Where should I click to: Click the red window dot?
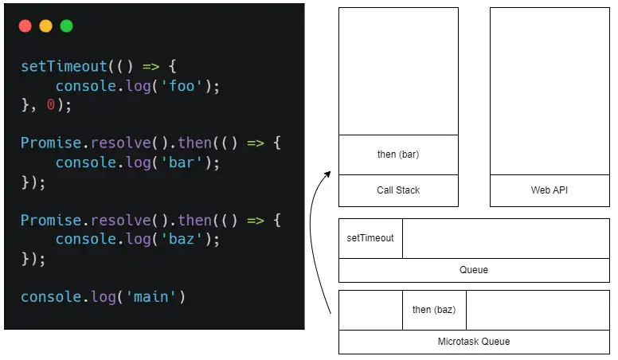tap(25, 26)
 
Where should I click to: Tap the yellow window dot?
tap(45, 26)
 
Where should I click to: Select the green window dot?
tap(66, 26)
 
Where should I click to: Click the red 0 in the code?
tap(51, 105)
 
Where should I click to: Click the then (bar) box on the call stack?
tap(398, 155)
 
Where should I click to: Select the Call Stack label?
tap(398, 190)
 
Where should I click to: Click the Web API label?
tap(550, 190)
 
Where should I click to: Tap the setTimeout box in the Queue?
tap(370, 238)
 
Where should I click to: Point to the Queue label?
tap(473, 270)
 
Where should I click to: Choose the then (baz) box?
tap(434, 310)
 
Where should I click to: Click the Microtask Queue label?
tap(473, 342)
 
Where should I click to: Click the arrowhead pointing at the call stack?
tap(329, 172)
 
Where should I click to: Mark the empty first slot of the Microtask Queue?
tap(370, 310)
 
